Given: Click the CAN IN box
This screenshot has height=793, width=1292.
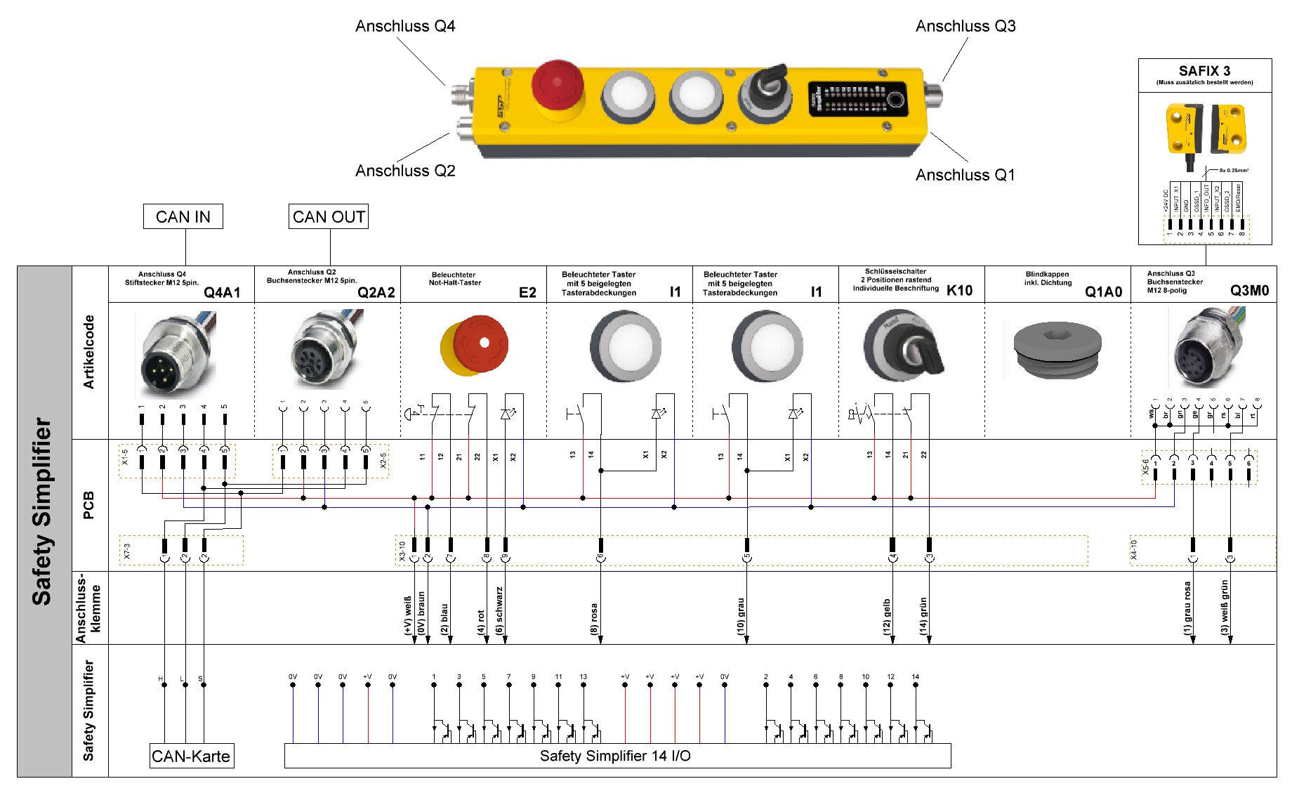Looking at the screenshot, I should coord(183,217).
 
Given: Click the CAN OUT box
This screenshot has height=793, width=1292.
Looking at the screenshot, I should coord(329,217).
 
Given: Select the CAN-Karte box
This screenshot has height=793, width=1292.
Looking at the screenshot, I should coord(191,756).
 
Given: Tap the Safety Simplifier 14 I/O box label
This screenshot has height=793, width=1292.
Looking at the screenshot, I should coord(615,756).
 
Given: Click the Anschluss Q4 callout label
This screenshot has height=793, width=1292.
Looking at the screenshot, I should coord(405,27).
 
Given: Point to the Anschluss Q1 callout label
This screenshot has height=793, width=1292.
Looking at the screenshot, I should coord(965,175).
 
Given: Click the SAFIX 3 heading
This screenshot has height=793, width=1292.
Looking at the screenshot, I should coord(1204,71).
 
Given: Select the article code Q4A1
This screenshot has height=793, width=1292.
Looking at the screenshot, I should coord(222,293).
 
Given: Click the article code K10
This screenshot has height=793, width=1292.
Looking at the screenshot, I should coord(959,291).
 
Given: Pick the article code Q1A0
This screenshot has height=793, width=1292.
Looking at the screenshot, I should coord(1103,292).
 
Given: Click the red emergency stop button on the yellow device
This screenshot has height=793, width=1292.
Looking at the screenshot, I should coord(557,87).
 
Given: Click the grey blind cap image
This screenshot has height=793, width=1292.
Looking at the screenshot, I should coord(1057,348).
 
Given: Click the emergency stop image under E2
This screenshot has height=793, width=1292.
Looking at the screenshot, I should coord(475,346).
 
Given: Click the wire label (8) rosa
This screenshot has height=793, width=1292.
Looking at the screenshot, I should coord(594,619).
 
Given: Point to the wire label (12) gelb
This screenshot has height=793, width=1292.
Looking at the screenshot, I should coord(886,617).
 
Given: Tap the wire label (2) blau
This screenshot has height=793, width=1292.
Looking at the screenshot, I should coord(444,619).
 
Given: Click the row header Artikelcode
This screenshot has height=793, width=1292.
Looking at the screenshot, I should coord(89,352).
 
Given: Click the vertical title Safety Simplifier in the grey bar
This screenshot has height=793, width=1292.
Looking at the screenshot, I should coord(42,512).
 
